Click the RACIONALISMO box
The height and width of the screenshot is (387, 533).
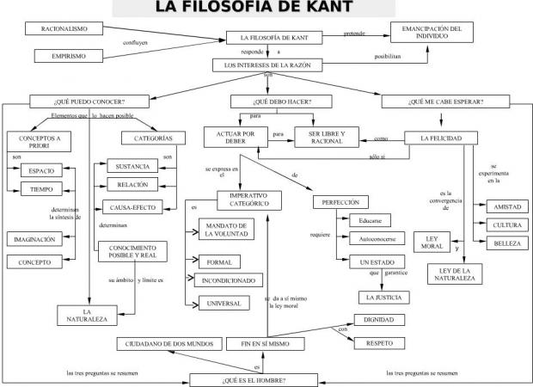click(x=64, y=28)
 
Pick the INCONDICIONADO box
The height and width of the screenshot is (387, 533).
click(x=227, y=281)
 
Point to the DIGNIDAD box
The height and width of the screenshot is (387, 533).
click(x=379, y=321)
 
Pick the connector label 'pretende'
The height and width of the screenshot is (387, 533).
click(x=354, y=34)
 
